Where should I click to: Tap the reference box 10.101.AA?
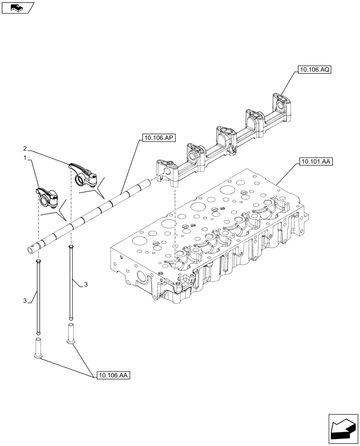click(315, 161)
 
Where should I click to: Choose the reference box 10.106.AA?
click(112, 376)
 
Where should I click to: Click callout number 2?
click(25, 148)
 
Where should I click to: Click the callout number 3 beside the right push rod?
click(86, 284)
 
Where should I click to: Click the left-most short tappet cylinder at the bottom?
click(38, 348)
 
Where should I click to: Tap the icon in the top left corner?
click(17, 7)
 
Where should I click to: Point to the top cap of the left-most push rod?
click(38, 261)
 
